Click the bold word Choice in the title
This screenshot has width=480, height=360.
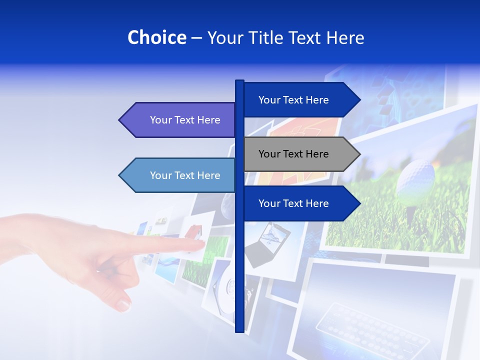point(156,37)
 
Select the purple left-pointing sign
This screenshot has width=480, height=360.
point(180,120)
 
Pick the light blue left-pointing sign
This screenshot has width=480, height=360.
point(180,175)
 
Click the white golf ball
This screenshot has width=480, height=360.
point(414,177)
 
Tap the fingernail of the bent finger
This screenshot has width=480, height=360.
point(123,303)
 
